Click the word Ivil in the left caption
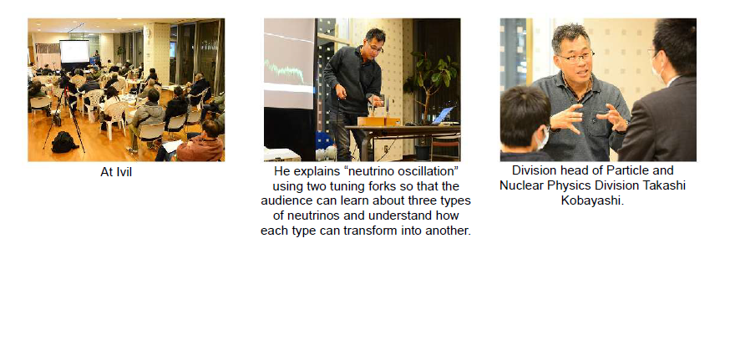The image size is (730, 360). pyautogui.click(x=124, y=172)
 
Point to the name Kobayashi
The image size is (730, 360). pyautogui.click(x=592, y=200)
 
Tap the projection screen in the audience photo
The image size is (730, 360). pyautogui.click(x=74, y=52)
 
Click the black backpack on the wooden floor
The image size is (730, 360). pyautogui.click(x=64, y=143)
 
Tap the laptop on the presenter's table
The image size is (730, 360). pyautogui.click(x=441, y=116)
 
